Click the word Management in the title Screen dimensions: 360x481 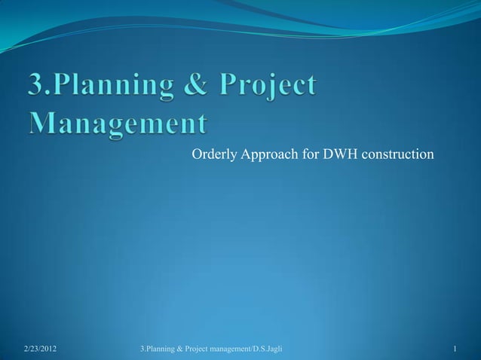[118, 123]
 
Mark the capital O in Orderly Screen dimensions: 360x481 [196, 155]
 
